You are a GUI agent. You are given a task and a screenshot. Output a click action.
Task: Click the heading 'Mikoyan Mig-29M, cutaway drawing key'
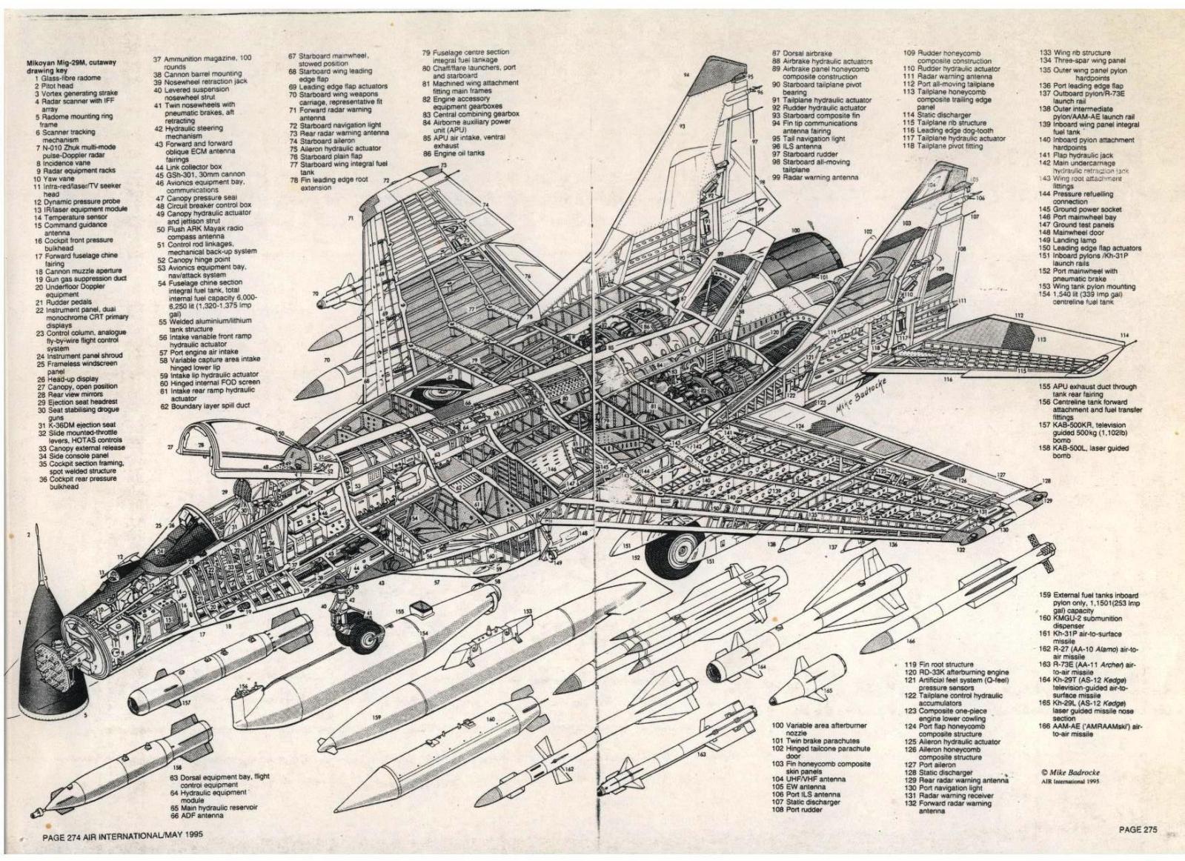[67, 67]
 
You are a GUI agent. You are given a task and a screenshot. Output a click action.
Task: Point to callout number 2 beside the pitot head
[28, 533]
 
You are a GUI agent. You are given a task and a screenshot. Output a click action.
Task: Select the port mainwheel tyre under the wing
[674, 552]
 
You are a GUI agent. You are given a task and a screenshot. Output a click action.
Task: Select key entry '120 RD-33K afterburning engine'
[956, 673]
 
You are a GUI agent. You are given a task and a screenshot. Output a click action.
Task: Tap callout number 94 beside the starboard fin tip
[686, 75]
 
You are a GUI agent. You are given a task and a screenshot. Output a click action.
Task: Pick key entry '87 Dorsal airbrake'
[803, 53]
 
